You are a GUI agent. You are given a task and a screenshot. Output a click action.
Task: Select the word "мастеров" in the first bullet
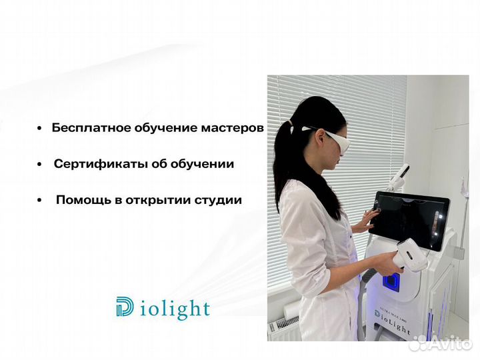233,128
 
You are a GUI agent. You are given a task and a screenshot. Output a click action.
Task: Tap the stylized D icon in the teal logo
125,307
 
